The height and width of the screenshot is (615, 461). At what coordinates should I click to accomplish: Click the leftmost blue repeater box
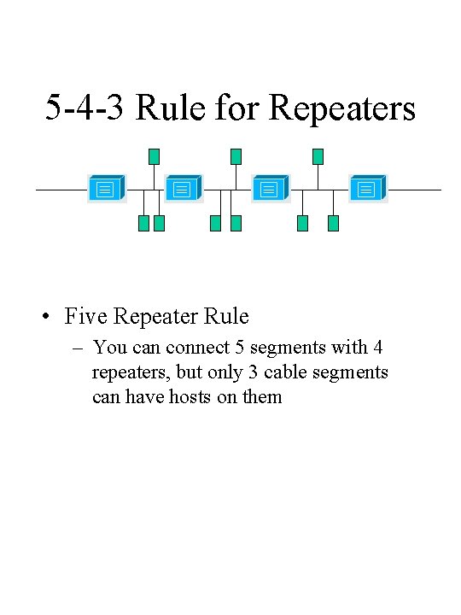(106, 189)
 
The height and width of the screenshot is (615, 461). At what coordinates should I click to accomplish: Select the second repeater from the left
(182, 189)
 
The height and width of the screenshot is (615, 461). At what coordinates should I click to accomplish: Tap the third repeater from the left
(270, 189)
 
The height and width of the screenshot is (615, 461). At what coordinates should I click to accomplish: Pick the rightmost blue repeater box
(367, 189)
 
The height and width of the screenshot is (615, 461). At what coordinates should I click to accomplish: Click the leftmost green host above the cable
(154, 156)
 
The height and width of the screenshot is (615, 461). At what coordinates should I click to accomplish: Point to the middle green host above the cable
(236, 156)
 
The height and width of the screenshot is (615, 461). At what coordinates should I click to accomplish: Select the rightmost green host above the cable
(318, 156)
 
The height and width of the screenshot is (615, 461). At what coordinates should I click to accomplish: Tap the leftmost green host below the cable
(143, 224)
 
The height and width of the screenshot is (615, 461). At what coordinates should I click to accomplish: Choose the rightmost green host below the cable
(334, 224)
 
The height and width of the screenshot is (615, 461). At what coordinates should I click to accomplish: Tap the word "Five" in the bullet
(85, 317)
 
